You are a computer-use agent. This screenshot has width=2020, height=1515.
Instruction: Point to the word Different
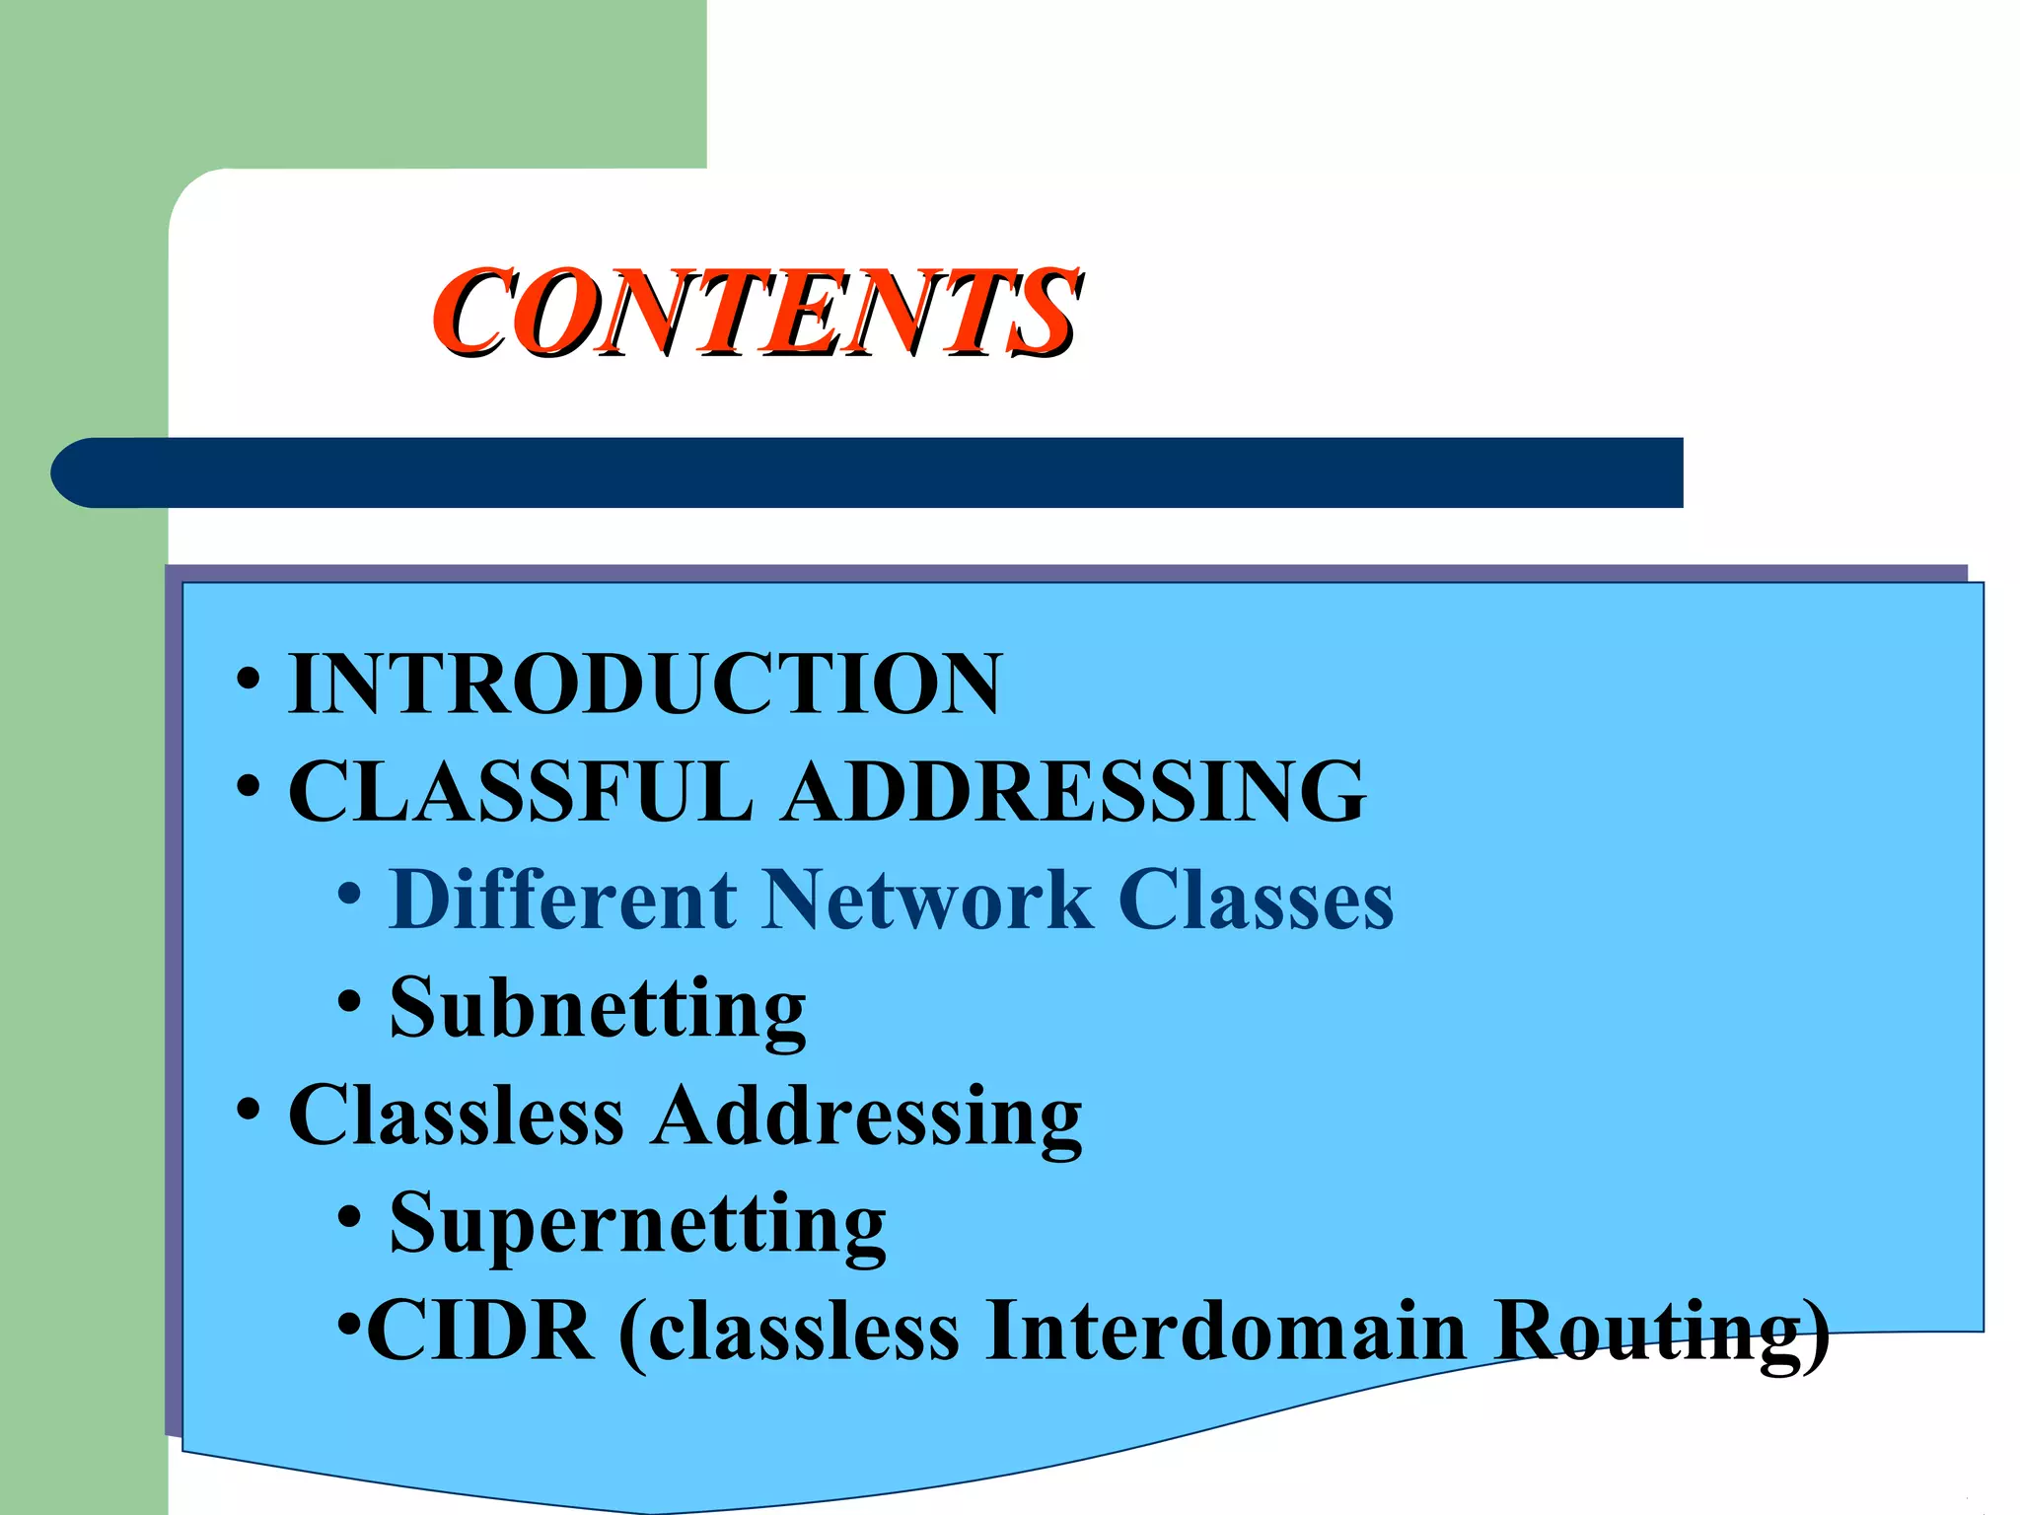[x=563, y=900]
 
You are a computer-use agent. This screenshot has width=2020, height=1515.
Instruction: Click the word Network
[x=927, y=900]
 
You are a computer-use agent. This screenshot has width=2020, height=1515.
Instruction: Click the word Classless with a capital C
[x=456, y=1116]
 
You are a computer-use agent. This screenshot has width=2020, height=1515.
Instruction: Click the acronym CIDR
[x=480, y=1332]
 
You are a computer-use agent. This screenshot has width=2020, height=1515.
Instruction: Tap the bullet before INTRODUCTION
[x=249, y=680]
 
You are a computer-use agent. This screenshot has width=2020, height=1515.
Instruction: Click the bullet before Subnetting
[x=349, y=1002]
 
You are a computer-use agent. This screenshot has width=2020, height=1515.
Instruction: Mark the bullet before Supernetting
[x=349, y=1217]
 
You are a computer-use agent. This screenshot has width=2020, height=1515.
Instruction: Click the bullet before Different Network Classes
[x=349, y=894]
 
